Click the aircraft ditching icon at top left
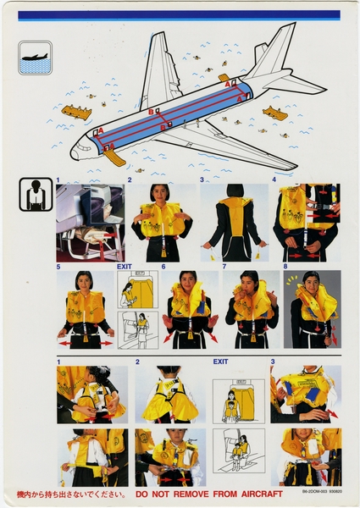click(x=35, y=58)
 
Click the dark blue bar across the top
click(x=179, y=15)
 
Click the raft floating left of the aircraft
click(x=75, y=112)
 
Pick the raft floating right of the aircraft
click(x=275, y=113)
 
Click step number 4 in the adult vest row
click(x=274, y=179)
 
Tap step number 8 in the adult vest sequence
click(x=286, y=266)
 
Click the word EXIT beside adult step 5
click(x=125, y=266)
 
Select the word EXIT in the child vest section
click(x=221, y=362)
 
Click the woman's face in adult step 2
click(x=159, y=194)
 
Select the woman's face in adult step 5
click(x=84, y=281)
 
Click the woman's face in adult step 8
click(x=312, y=281)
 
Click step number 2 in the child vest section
click(x=137, y=362)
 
